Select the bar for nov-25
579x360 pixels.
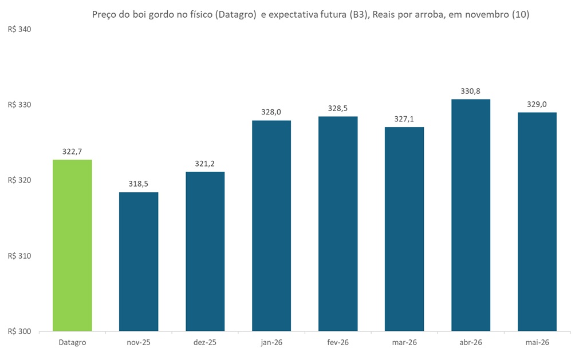[139, 262]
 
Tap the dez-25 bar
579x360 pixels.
[205, 251]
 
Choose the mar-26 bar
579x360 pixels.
[404, 229]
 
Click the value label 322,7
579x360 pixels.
[72, 152]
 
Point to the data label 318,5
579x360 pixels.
[139, 184]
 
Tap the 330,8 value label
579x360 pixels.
[471, 91]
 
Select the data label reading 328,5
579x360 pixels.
[338, 108]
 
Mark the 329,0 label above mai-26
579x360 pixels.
[537, 104]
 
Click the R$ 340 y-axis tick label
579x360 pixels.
[19, 29]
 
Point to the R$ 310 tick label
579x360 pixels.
[19, 256]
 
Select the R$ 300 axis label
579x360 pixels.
[19, 331]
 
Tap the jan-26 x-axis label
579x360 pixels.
[271, 342]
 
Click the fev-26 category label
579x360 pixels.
[338, 342]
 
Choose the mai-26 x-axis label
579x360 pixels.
[537, 342]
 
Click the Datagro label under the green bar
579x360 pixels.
[72, 342]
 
